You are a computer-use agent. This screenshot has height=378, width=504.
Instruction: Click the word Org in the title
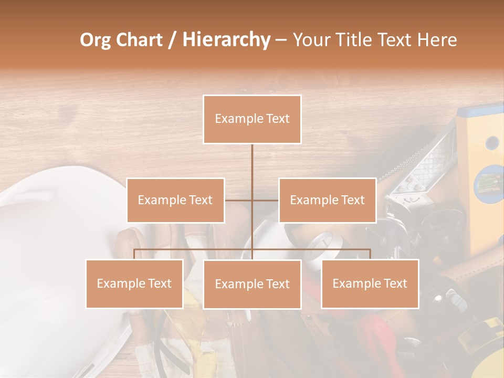[x=96, y=40]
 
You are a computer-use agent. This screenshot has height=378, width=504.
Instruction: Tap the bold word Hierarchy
[x=226, y=40]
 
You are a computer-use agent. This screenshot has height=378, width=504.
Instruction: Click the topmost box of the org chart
[x=252, y=119]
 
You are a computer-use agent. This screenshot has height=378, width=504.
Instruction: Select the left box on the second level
[x=175, y=200]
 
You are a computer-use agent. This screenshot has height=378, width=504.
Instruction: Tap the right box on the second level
[x=328, y=200]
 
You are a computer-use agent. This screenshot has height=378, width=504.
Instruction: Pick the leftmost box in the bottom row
[x=134, y=283]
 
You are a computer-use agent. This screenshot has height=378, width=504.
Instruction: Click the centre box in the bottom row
[x=252, y=284]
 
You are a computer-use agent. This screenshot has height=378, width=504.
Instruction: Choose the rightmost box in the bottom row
[x=370, y=283]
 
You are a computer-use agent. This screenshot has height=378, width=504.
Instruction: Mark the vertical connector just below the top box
[x=252, y=163]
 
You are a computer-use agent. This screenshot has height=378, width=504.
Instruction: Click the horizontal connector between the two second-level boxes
[x=252, y=200]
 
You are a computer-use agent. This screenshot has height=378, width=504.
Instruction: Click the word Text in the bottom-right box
[x=395, y=283]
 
